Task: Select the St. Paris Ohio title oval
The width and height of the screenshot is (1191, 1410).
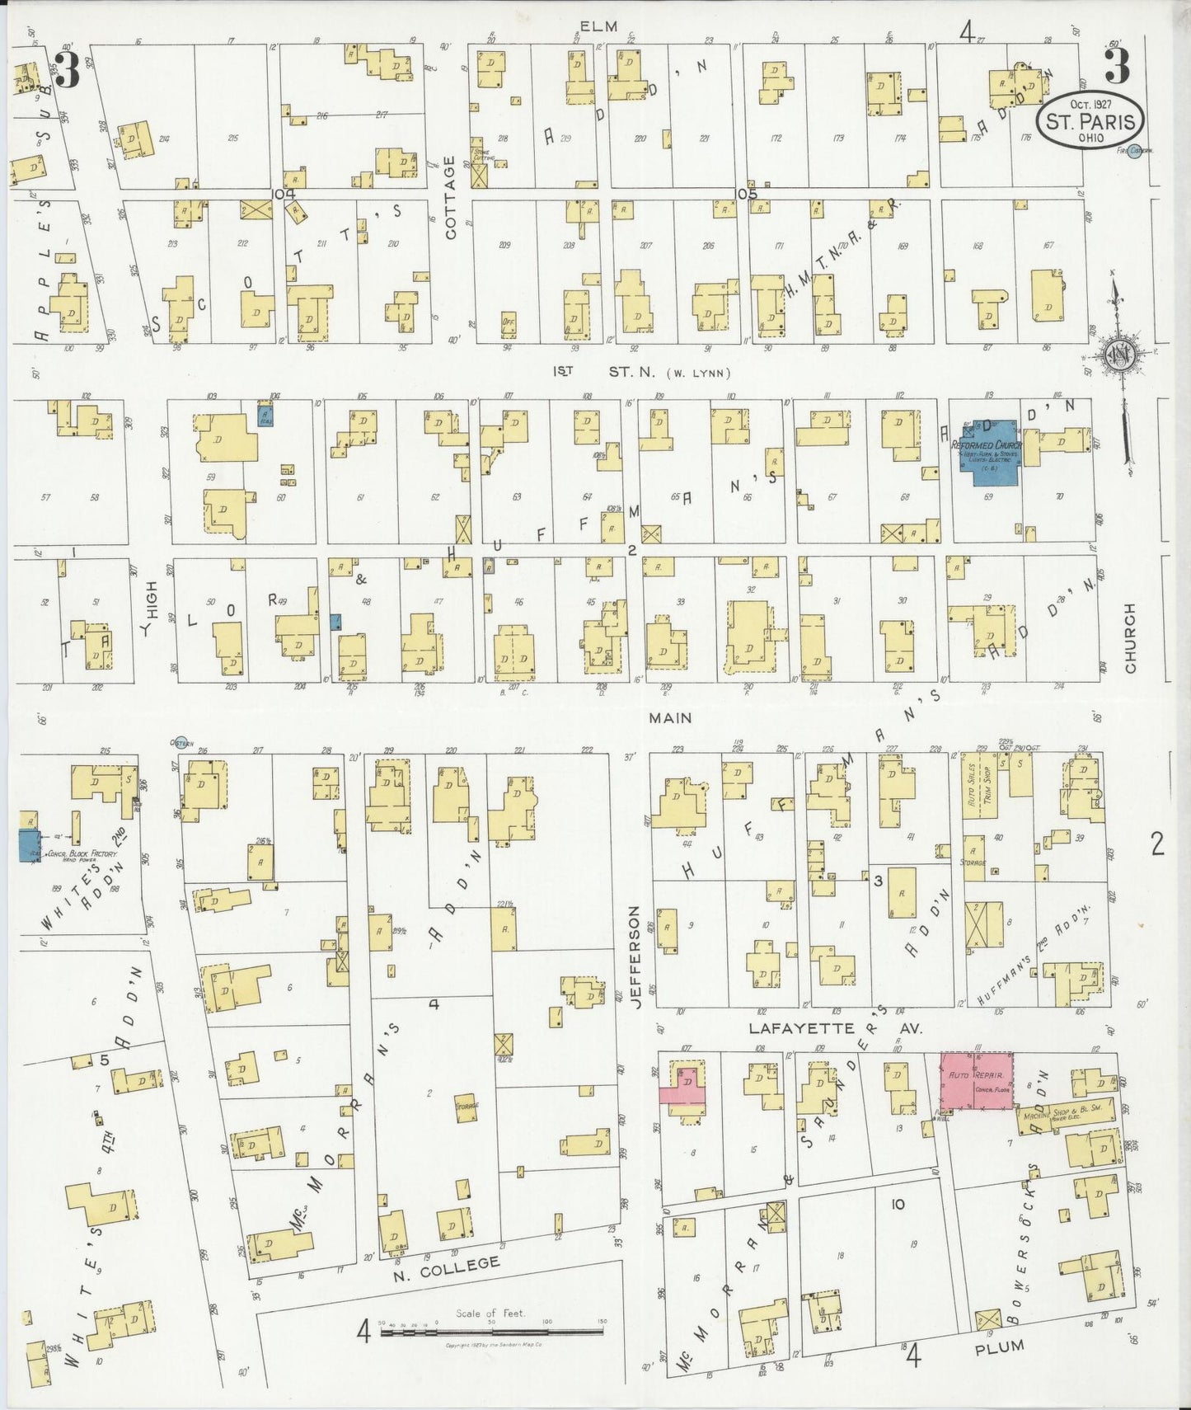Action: pos(1090,120)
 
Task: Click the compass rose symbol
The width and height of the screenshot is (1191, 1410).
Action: pos(1118,355)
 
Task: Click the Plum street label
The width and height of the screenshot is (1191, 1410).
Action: pos(999,1346)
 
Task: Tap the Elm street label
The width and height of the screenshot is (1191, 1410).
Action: pos(598,26)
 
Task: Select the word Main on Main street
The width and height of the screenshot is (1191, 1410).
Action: pos(669,718)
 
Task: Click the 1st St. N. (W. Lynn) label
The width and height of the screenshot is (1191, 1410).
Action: pos(643,372)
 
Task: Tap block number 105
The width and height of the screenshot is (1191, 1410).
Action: pos(746,194)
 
